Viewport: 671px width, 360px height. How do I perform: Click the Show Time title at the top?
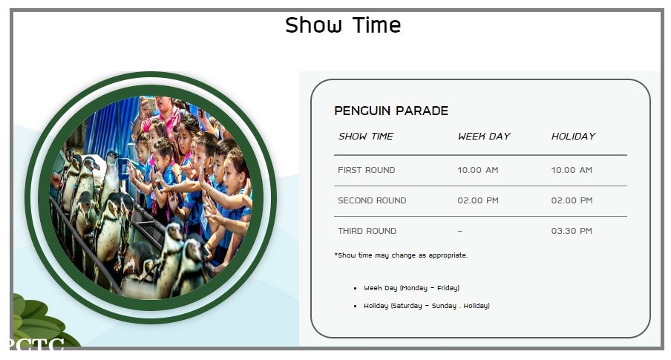pyautogui.click(x=343, y=24)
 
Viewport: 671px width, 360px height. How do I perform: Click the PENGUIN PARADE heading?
pyautogui.click(x=391, y=111)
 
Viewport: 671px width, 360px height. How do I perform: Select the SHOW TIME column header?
pyautogui.click(x=366, y=136)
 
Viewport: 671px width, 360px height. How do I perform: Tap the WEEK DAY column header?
pyautogui.click(x=484, y=136)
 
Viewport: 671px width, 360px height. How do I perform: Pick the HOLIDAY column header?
pyautogui.click(x=574, y=136)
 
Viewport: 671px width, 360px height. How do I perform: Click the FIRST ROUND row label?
pyautogui.click(x=367, y=170)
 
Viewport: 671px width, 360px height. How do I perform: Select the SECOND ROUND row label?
pyautogui.click(x=372, y=200)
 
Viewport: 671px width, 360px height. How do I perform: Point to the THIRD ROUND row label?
pyautogui.click(x=367, y=231)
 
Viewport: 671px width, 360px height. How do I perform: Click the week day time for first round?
pyautogui.click(x=477, y=170)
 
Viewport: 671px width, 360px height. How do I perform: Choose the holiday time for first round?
pyautogui.click(x=572, y=170)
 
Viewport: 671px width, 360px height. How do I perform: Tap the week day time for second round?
pyautogui.click(x=478, y=200)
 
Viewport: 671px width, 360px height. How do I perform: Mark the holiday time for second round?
pyautogui.click(x=572, y=200)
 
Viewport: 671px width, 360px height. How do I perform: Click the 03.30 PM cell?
pyautogui.click(x=572, y=231)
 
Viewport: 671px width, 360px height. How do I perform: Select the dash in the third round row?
pyautogui.click(x=460, y=231)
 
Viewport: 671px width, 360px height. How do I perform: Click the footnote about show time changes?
pyautogui.click(x=401, y=255)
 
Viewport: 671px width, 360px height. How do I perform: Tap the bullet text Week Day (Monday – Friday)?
pyautogui.click(x=412, y=288)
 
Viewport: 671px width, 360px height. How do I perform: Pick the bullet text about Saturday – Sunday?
pyautogui.click(x=427, y=306)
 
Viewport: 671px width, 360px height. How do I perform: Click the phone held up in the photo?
pyautogui.click(x=149, y=103)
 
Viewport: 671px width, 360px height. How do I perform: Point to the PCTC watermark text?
pyautogui.click(x=36, y=344)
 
